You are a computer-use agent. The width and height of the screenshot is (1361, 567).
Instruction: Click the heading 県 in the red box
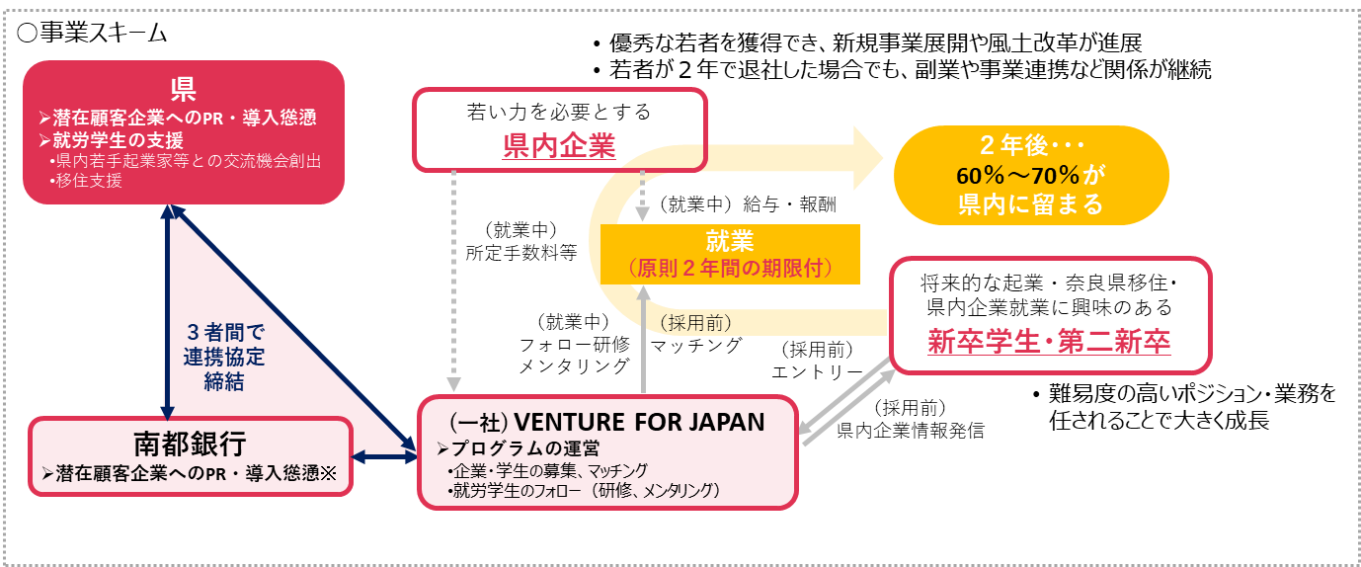[183, 90]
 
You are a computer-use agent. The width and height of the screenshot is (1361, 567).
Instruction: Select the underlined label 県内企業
[559, 147]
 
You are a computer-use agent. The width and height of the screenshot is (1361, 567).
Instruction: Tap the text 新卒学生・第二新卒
[1049, 341]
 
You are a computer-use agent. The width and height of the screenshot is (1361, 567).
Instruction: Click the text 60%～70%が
[1030, 177]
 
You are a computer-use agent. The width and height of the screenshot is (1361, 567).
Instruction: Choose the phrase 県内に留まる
[1030, 205]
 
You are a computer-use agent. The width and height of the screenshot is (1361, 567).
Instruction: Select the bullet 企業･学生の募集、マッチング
[547, 470]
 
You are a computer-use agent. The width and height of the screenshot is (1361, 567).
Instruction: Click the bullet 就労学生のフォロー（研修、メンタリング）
[584, 490]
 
